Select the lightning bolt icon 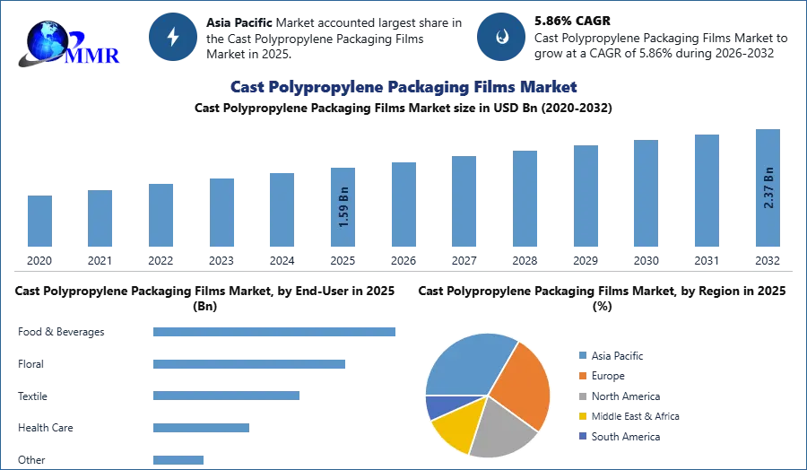click(173, 37)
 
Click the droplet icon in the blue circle click(501, 37)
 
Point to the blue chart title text click(404, 87)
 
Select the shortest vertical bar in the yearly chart click(39, 222)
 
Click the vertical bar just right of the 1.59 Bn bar click(402, 205)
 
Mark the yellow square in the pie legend click(582, 416)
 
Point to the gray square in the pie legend click(582, 396)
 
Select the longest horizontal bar click(274, 331)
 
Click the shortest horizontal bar click(178, 459)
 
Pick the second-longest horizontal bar click(250, 365)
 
